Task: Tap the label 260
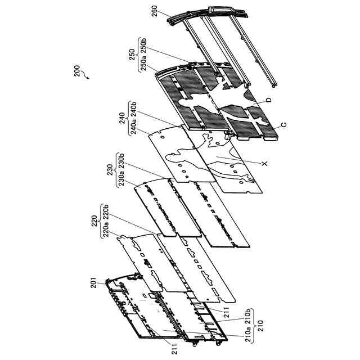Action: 156,14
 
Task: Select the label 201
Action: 94,285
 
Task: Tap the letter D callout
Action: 268,100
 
